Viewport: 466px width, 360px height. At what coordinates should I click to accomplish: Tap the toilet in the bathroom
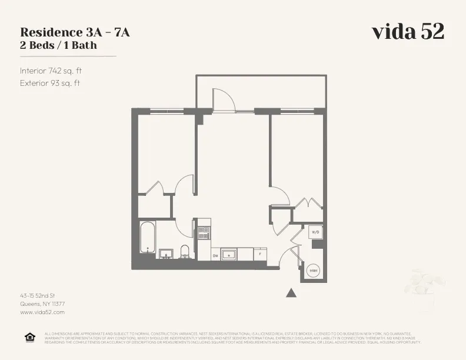(x=185, y=252)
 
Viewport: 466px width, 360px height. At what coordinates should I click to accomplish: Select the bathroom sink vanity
(x=166, y=254)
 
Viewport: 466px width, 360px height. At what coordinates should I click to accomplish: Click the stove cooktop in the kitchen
(x=204, y=232)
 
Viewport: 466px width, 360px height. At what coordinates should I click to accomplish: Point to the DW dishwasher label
(x=215, y=255)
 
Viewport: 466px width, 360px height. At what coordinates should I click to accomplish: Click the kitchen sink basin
(x=229, y=255)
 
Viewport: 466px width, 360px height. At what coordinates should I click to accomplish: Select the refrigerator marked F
(x=261, y=255)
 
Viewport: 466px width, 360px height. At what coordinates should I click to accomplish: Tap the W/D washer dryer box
(x=314, y=232)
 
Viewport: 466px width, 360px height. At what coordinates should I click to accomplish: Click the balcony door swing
(x=223, y=100)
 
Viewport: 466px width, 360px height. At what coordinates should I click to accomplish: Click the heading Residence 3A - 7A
(x=75, y=32)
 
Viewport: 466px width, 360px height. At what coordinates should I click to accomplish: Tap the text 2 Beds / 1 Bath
(x=58, y=45)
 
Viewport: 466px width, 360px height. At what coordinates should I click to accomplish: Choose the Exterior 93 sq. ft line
(x=50, y=83)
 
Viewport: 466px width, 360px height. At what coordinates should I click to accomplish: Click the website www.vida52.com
(x=42, y=312)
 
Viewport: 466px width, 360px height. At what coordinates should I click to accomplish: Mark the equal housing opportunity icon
(x=29, y=337)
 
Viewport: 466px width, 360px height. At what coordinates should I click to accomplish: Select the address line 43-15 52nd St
(x=38, y=295)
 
